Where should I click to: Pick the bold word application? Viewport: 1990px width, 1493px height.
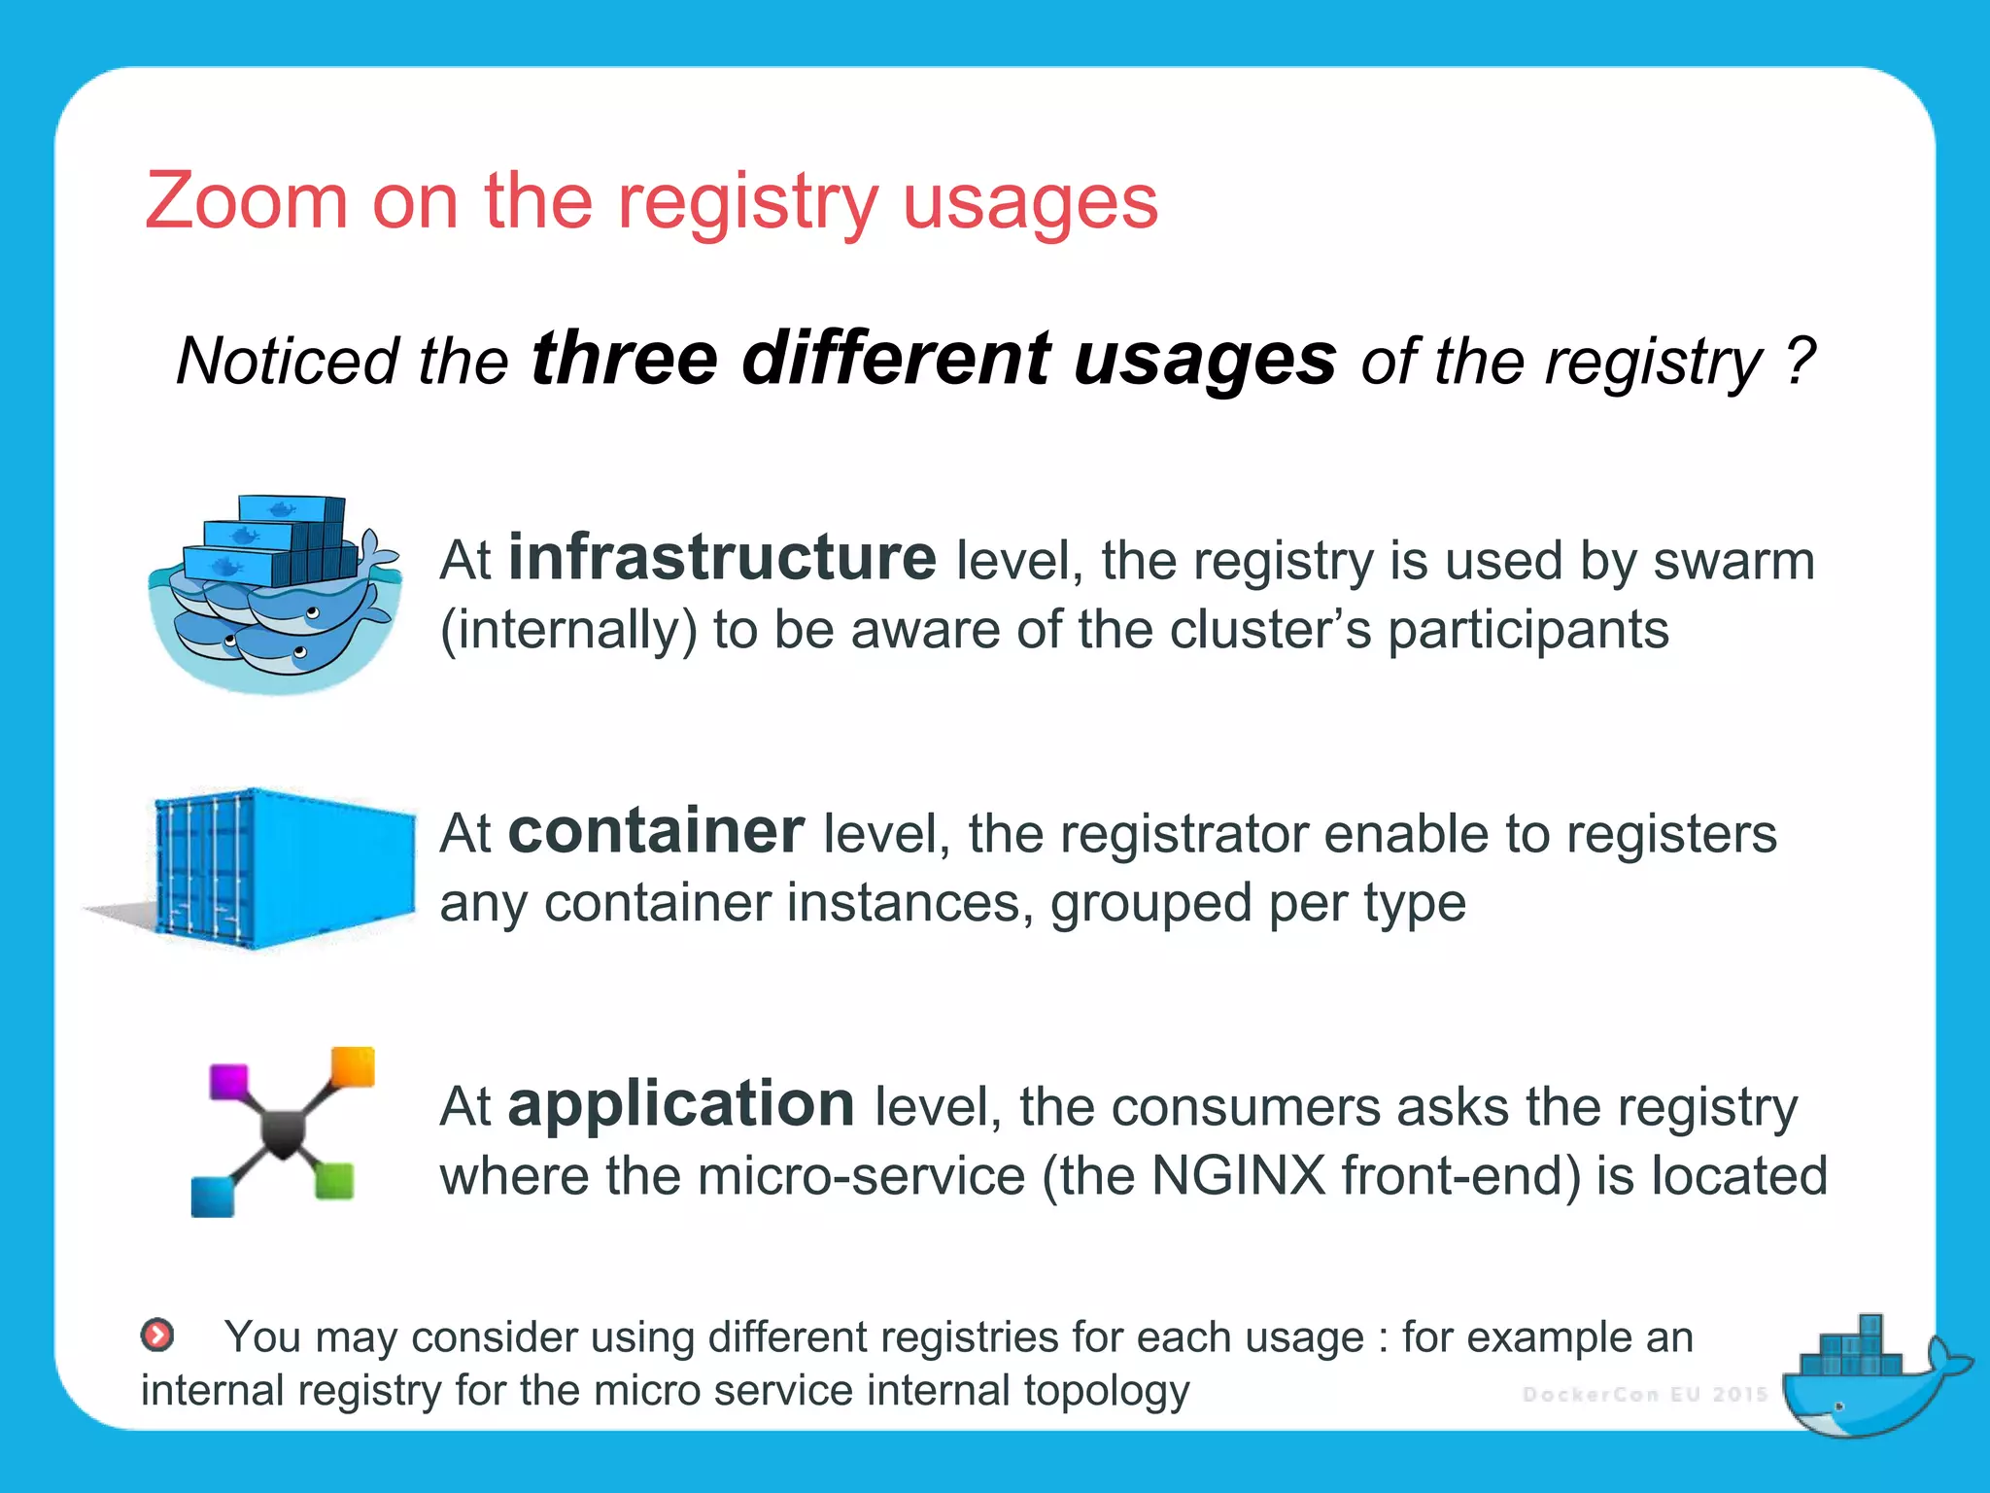pyautogui.click(x=681, y=1105)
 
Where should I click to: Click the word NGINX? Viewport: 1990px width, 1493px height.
pyautogui.click(x=1238, y=1175)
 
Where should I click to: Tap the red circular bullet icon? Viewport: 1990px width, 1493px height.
pyautogui.click(x=157, y=1336)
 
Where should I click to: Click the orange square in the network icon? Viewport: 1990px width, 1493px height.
pyautogui.click(x=353, y=1066)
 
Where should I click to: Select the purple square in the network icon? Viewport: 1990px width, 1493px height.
pyautogui.click(x=229, y=1082)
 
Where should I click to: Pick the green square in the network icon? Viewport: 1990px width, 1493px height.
pyautogui.click(x=334, y=1181)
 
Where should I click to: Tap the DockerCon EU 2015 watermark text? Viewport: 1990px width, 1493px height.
pyautogui.click(x=1645, y=1395)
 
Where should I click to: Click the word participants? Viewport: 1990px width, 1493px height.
pyautogui.click(x=1527, y=630)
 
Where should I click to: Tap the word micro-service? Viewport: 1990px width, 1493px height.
pyautogui.click(x=861, y=1175)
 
